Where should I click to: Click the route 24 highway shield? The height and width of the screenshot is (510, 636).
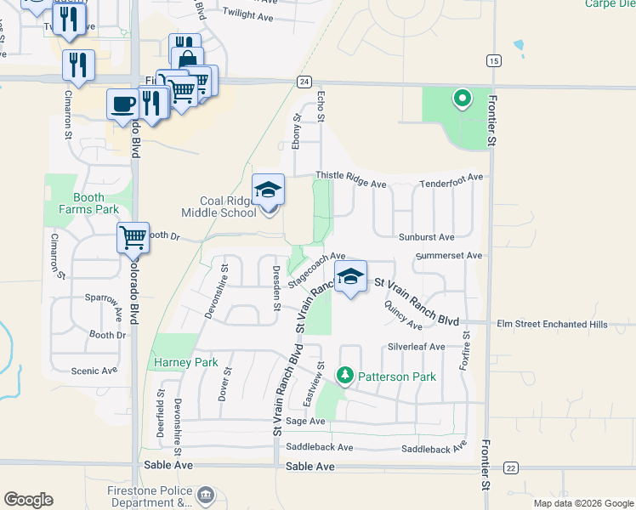click(304, 82)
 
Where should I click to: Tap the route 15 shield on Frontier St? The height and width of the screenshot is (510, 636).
click(492, 60)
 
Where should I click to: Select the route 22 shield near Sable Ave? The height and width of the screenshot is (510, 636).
click(510, 468)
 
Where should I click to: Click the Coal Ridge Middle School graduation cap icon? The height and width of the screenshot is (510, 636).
click(268, 190)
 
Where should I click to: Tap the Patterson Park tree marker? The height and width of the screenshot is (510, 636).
click(344, 374)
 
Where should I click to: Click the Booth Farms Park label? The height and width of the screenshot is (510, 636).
click(88, 203)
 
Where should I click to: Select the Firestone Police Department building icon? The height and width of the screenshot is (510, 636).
click(205, 495)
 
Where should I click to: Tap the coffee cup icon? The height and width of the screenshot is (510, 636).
click(122, 103)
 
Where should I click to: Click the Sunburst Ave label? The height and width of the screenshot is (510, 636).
click(426, 237)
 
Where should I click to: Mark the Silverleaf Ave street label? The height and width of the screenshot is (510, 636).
click(416, 347)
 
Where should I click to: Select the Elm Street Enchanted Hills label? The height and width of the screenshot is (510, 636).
click(552, 324)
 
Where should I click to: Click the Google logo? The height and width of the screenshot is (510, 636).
click(29, 499)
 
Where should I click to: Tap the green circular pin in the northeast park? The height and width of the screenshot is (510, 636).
click(462, 99)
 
